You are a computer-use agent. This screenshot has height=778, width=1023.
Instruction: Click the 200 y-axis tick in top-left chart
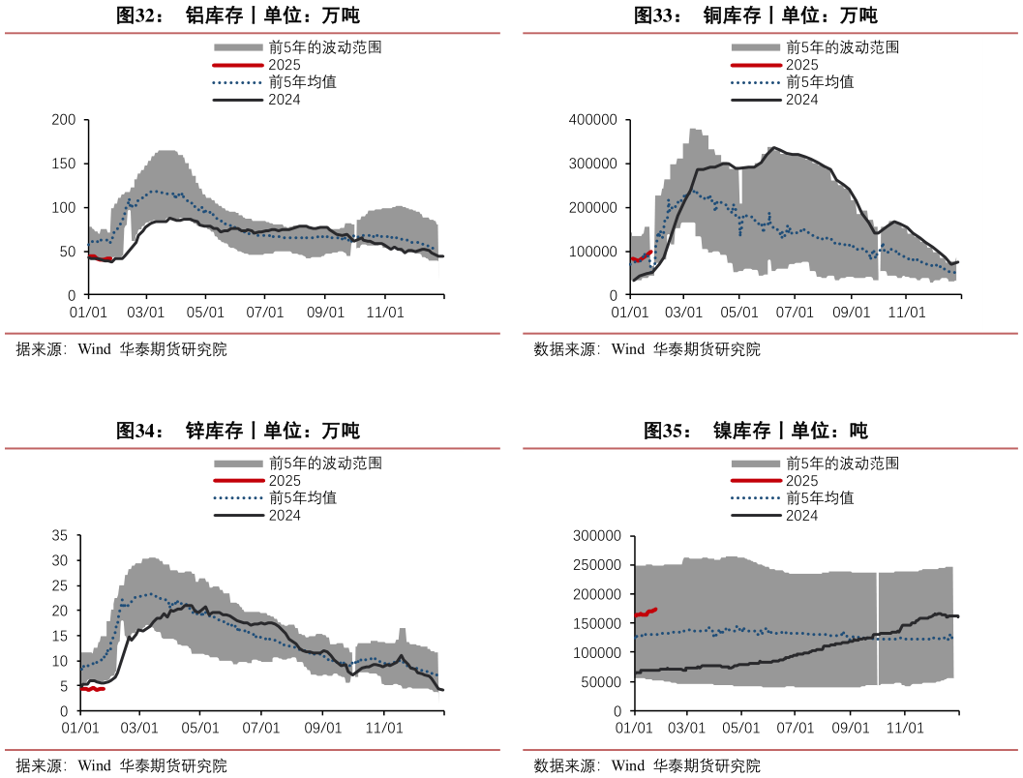pos(64,120)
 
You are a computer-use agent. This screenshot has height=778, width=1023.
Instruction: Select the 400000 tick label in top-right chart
pos(595,120)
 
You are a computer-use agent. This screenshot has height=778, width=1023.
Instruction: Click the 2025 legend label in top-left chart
pos(285,65)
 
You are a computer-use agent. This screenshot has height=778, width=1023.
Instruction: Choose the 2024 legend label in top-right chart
pos(802,100)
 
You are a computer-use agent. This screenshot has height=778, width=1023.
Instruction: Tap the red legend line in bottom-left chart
pos(237,481)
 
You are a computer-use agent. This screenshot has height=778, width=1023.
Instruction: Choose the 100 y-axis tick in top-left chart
pos(64,208)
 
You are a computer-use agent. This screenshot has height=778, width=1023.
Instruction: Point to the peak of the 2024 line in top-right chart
pos(773,148)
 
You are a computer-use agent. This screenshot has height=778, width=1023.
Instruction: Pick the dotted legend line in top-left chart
pos(237,82)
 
